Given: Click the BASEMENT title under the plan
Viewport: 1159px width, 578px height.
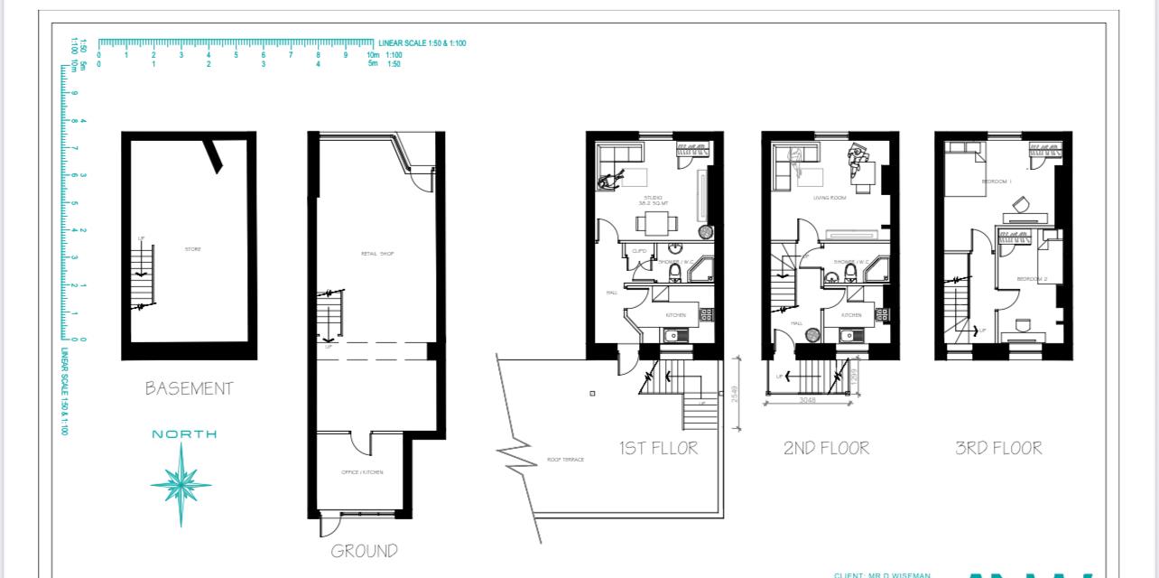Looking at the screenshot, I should (x=189, y=389).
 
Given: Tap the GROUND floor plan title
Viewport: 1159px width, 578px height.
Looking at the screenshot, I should (x=364, y=551).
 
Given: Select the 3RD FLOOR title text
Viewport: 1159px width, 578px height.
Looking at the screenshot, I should (x=998, y=448).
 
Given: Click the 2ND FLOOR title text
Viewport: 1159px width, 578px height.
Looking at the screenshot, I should (x=826, y=448).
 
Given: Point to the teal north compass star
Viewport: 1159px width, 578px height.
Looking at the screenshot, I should (x=181, y=484).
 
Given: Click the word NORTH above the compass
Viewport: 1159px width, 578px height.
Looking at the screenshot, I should (x=184, y=434).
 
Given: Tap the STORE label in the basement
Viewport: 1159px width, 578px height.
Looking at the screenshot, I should (x=192, y=249).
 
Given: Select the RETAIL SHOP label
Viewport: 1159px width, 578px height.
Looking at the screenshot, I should (x=377, y=254).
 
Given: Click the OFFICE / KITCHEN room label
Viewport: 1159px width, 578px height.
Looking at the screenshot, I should (x=362, y=472).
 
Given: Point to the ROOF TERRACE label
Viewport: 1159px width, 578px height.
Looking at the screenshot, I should (x=565, y=460).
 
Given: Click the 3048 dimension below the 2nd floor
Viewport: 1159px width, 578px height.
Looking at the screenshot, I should (x=807, y=400).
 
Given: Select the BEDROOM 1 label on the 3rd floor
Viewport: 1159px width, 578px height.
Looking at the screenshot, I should (x=997, y=182).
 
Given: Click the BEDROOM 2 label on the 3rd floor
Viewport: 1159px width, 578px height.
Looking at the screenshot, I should (x=1032, y=279).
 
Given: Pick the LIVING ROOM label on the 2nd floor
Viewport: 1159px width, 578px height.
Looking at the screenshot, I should (x=829, y=197).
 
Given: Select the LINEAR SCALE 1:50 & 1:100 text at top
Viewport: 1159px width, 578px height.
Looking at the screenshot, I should (x=422, y=43).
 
